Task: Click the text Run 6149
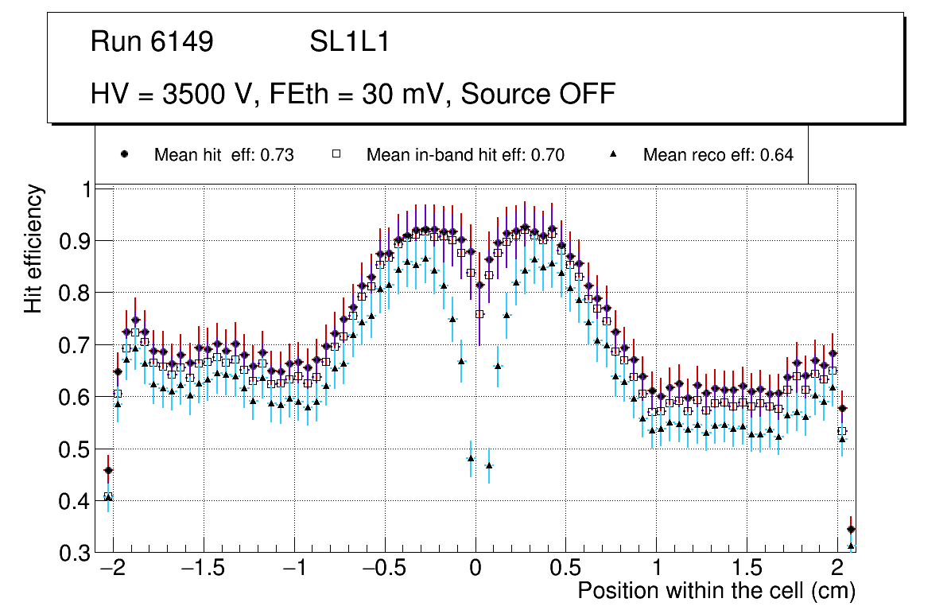tap(152, 42)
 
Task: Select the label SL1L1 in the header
tap(349, 42)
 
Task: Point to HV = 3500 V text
tap(173, 94)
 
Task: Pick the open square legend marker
tap(335, 154)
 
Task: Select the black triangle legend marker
tap(612, 154)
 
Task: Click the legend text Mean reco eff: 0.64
tap(717, 155)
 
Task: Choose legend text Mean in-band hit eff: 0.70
tap(465, 155)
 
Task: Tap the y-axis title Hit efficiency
tap(33, 248)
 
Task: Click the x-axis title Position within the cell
tap(716, 591)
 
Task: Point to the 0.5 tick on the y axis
tap(76, 449)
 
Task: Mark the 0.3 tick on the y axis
tap(76, 554)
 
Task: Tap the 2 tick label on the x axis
tap(836, 569)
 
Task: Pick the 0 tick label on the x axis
tap(475, 569)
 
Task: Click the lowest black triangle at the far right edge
tap(851, 546)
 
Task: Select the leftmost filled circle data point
tap(108, 470)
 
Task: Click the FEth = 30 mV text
tap(362, 94)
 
